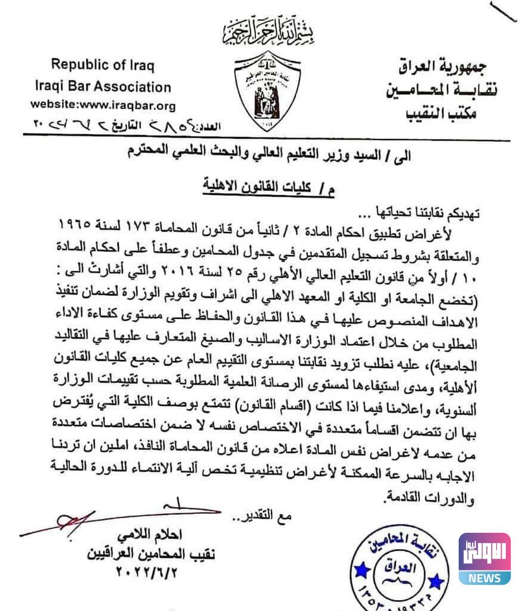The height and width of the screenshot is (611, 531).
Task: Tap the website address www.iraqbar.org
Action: (x=103, y=106)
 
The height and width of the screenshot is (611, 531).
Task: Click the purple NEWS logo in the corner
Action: (x=484, y=559)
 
